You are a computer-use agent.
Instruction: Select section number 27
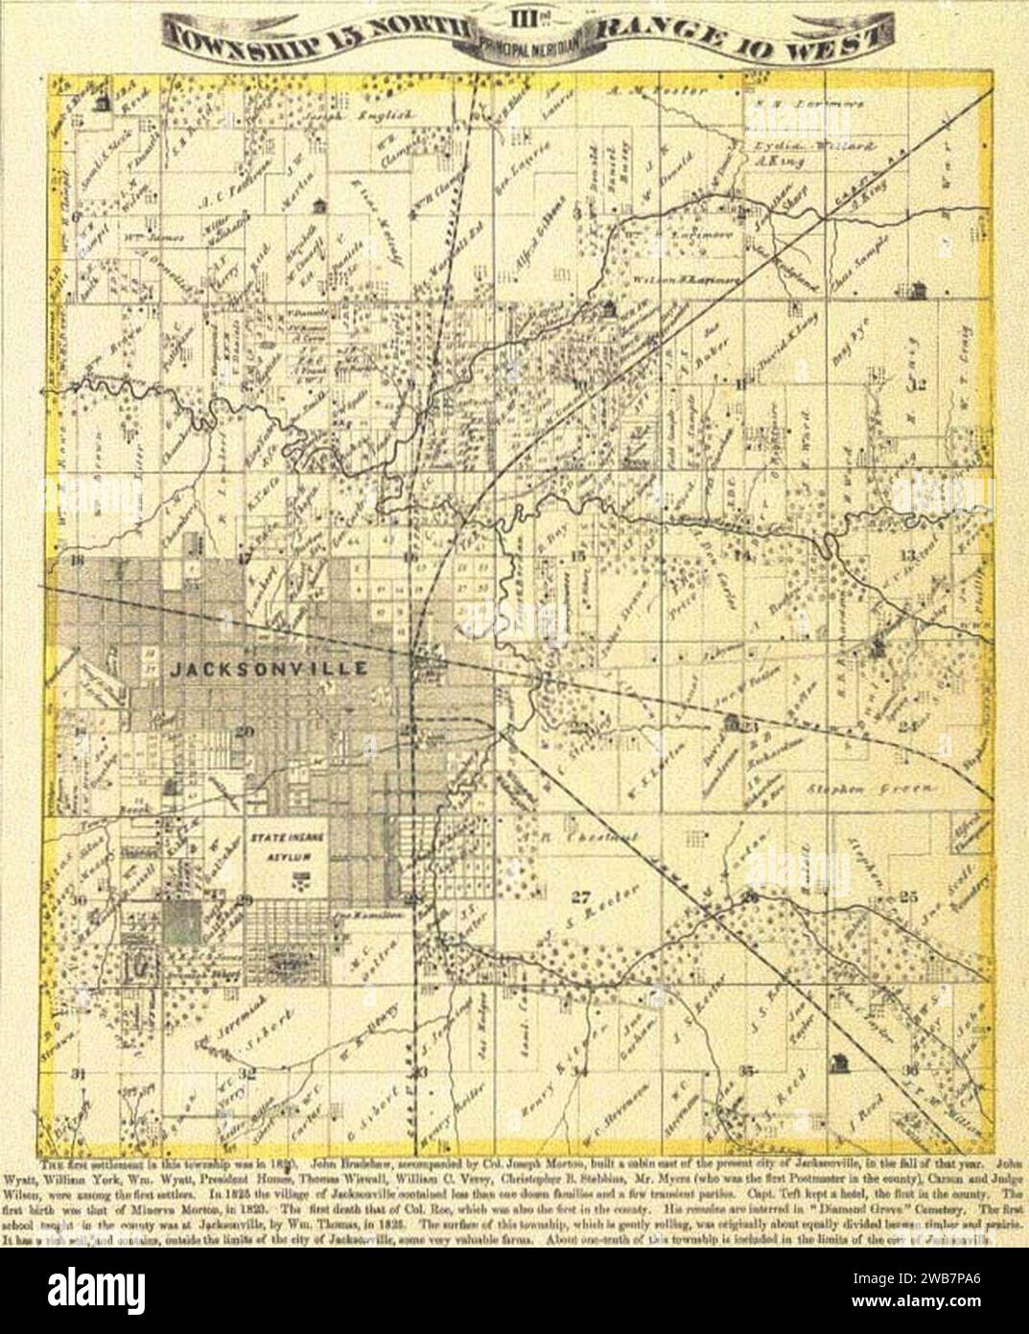click(x=577, y=898)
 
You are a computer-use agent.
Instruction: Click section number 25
click(x=907, y=897)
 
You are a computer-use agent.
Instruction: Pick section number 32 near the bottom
click(x=247, y=1074)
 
